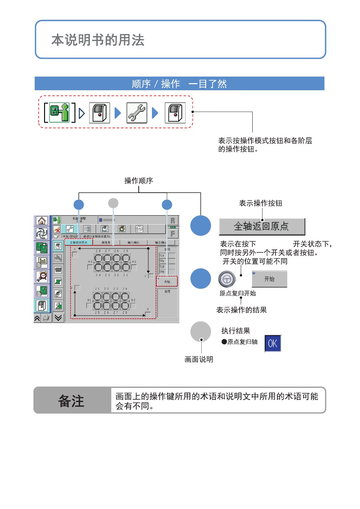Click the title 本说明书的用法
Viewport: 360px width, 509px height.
tap(98, 40)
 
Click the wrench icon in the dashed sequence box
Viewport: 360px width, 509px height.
tap(137, 113)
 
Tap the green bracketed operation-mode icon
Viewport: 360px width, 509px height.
tap(59, 112)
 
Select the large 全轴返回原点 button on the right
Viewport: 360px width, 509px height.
tap(262, 227)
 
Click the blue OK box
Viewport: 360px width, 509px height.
tap(273, 343)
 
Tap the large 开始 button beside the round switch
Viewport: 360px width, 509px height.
tap(269, 279)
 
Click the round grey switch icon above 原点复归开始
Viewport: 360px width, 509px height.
tap(227, 279)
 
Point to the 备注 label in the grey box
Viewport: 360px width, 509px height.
tap(71, 401)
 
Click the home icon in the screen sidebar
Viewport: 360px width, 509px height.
tap(42, 221)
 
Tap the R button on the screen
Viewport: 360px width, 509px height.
tap(173, 221)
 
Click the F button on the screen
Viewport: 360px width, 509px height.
tap(173, 234)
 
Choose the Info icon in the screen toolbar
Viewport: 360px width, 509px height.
tap(139, 229)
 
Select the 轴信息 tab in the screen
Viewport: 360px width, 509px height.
tap(106, 242)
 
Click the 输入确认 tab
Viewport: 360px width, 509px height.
tap(133, 242)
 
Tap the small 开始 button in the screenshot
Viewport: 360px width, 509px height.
tap(167, 282)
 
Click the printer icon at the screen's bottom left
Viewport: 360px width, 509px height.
tap(46, 318)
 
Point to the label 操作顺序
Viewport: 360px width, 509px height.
tap(139, 181)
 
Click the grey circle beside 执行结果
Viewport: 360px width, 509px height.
tap(201, 332)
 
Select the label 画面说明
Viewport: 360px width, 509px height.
tap(199, 359)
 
